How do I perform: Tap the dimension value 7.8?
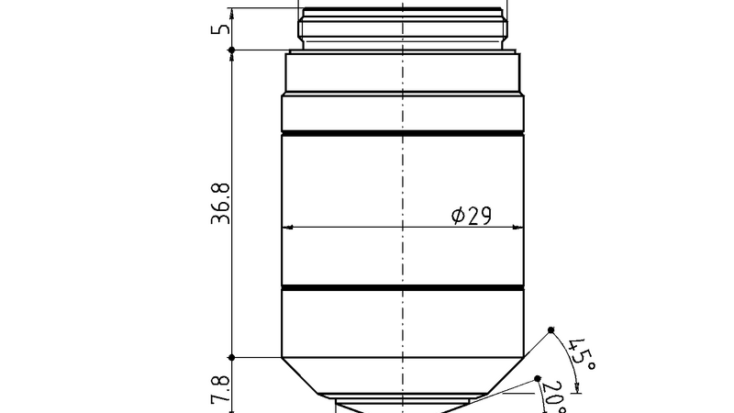point(220,389)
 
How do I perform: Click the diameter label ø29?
point(472,216)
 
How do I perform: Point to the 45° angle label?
point(582,353)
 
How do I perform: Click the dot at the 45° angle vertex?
point(551,329)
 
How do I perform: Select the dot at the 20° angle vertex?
point(539,377)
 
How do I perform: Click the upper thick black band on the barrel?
point(402,135)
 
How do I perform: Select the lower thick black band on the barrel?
point(402,289)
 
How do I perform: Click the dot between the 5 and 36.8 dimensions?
point(232,50)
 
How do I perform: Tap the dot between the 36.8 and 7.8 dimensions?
point(232,357)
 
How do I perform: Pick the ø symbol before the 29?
point(458,216)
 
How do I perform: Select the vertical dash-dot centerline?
point(402,184)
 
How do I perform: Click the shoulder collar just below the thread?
point(402,73)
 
